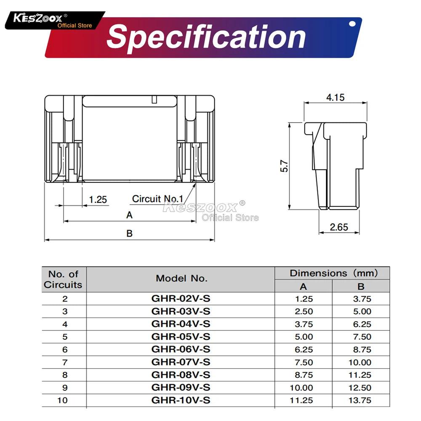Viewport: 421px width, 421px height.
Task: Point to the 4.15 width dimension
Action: coord(335,97)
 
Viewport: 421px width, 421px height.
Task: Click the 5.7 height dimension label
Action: coord(285,165)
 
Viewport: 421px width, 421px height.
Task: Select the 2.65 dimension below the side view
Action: coord(338,227)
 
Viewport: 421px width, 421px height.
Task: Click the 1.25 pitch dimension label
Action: coord(98,199)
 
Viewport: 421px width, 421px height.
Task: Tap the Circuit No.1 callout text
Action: coord(157,199)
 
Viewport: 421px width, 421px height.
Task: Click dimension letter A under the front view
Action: coord(130,215)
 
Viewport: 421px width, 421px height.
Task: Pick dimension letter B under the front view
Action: coord(130,233)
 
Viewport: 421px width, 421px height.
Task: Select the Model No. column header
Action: coord(181,278)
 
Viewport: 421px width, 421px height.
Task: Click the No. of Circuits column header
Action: coord(63,279)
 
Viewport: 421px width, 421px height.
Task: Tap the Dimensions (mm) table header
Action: coord(333,273)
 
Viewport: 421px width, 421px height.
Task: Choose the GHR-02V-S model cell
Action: coord(181,299)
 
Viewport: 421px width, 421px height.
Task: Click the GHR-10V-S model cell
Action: coord(181,400)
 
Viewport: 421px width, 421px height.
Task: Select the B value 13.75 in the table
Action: coord(360,400)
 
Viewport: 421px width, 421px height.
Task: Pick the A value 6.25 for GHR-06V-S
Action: coord(301,349)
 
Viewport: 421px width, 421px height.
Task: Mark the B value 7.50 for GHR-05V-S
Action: coord(360,337)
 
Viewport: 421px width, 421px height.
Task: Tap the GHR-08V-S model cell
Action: coord(181,375)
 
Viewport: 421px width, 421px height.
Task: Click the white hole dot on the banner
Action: coord(352,24)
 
